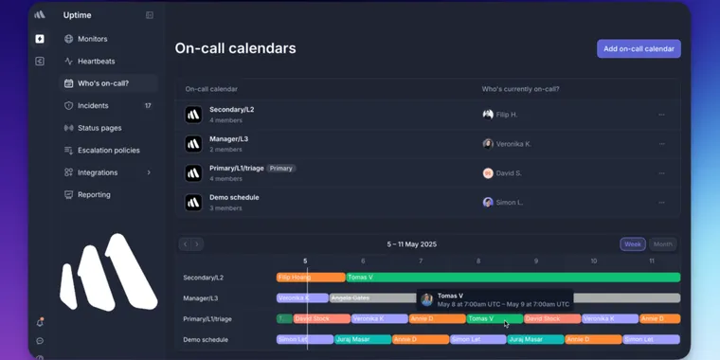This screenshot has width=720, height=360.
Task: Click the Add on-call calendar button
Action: [x=639, y=48]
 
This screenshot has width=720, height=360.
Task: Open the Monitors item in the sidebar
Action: [x=92, y=39]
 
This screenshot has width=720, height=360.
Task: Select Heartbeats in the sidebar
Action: [x=96, y=61]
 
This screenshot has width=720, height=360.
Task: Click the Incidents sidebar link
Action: [x=93, y=105]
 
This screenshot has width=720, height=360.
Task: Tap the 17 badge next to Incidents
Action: [x=148, y=105]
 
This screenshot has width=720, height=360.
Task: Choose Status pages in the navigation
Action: [x=99, y=128]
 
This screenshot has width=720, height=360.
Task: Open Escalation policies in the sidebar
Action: [x=108, y=150]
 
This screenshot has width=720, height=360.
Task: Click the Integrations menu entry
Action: [x=98, y=172]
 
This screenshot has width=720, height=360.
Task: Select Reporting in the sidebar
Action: [x=94, y=194]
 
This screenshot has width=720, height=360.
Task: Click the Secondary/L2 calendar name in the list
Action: [x=232, y=110]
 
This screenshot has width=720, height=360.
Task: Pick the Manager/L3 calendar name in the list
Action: [x=229, y=139]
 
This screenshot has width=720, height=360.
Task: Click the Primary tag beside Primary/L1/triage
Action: [x=281, y=169]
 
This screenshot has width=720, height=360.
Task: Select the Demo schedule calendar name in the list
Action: [x=234, y=197]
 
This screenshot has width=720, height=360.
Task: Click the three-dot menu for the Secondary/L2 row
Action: [x=661, y=115]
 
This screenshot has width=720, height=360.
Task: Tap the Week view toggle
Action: [x=632, y=244]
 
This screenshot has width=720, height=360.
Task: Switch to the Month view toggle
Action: [x=662, y=244]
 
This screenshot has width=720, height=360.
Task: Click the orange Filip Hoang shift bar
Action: [x=310, y=278]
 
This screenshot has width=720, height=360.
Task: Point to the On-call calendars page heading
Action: [x=235, y=48]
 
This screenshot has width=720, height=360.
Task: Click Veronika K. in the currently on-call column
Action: [x=513, y=144]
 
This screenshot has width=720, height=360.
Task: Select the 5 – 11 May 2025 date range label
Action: [x=412, y=244]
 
